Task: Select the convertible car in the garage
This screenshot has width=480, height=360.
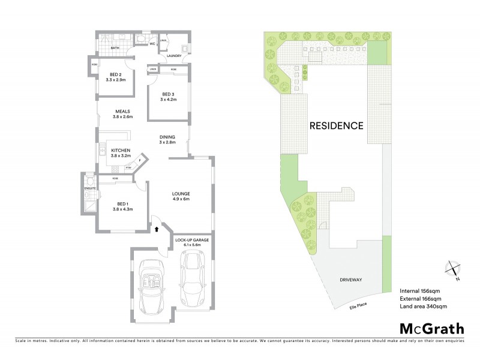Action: [151, 287]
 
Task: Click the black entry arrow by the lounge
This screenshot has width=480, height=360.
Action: [157, 228]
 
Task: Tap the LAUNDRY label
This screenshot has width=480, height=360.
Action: [174, 56]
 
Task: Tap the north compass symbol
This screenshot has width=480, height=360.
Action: [453, 270]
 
